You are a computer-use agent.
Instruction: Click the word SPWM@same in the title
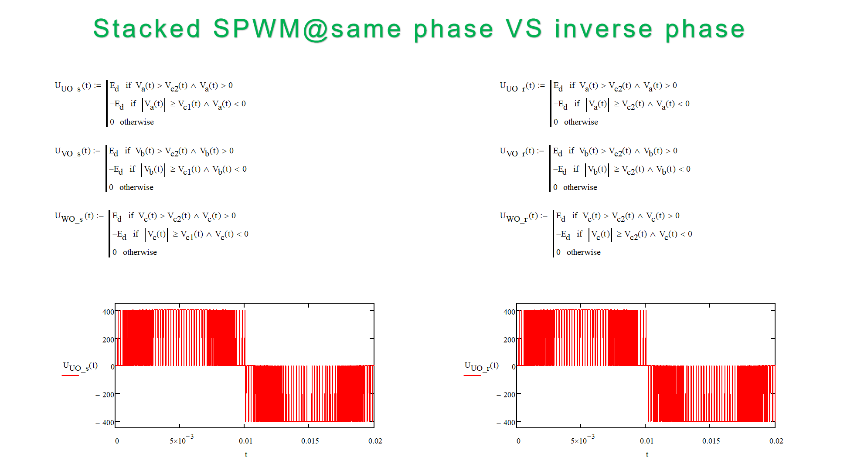click(307, 29)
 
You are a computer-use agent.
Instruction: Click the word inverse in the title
click(604, 29)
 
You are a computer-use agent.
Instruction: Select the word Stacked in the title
click(147, 29)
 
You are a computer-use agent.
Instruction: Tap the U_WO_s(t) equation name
click(75, 217)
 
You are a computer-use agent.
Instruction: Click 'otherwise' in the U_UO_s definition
click(137, 122)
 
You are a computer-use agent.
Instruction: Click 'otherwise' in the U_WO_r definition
click(583, 252)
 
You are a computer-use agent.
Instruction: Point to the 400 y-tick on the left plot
click(108, 312)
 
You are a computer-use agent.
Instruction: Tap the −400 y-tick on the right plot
click(506, 423)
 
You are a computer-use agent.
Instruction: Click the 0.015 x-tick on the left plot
click(310, 441)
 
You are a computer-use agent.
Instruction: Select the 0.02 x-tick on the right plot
click(776, 441)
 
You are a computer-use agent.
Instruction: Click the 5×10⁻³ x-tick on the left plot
click(181, 440)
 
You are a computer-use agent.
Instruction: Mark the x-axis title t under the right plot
click(647, 454)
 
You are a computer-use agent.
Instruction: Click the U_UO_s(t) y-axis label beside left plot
click(80, 366)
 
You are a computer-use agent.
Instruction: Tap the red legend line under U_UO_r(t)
click(472, 375)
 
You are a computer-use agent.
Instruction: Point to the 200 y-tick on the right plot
click(509, 340)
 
